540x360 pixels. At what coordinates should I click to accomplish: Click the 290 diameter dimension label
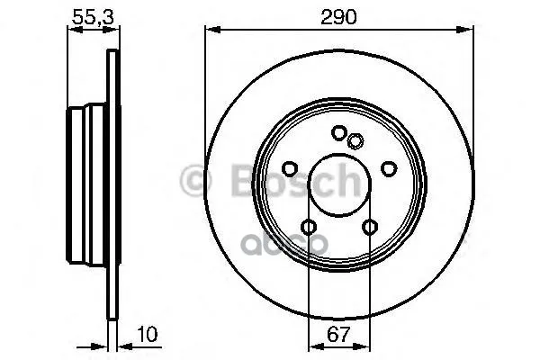[x=338, y=17]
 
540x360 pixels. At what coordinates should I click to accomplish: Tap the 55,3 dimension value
[x=93, y=17]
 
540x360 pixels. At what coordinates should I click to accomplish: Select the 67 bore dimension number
[x=338, y=334]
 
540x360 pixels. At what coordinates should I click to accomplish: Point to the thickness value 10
[x=148, y=334]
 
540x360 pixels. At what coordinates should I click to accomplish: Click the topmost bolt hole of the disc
[x=339, y=132]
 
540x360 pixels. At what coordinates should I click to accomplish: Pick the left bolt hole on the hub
[x=290, y=168]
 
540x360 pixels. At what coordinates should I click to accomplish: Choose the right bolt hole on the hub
[x=389, y=168]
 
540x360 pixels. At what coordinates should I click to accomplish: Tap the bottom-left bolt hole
[x=309, y=227]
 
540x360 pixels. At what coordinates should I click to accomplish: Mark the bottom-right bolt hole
[x=370, y=227]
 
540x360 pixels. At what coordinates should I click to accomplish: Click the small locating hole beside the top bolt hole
[x=355, y=140]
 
